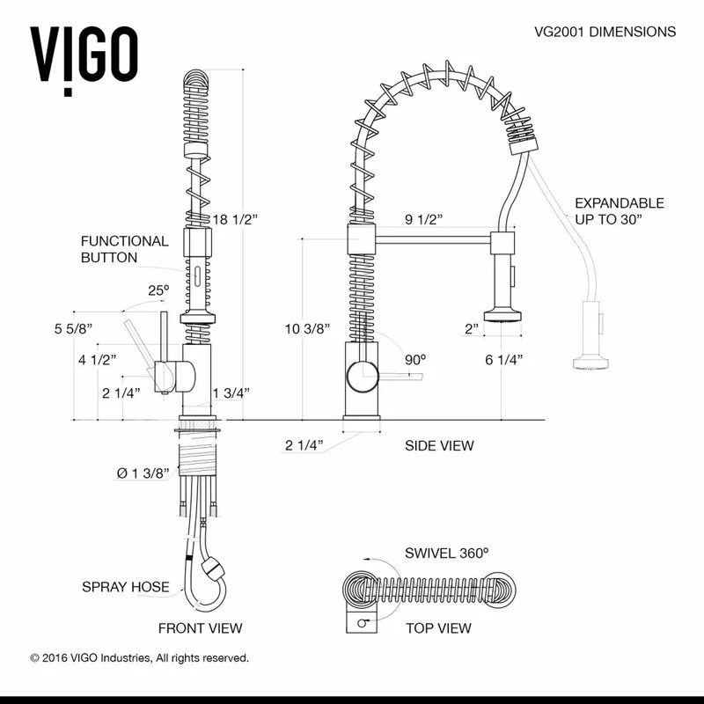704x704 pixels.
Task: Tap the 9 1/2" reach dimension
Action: coord(423,218)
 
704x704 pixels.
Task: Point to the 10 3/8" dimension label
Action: coord(307,329)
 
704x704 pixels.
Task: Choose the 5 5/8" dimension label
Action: coord(73,329)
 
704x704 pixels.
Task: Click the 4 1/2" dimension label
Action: coord(98,359)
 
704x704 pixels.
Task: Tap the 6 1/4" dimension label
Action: coord(504,359)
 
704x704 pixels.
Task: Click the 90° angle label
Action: coord(414,359)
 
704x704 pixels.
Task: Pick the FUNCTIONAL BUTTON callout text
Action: coord(124,249)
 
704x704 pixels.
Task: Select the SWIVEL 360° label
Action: coord(446,554)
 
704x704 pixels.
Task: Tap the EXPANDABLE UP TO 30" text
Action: coord(620,211)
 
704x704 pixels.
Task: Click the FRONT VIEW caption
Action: coord(200,628)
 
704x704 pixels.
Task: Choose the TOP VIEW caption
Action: coord(438,628)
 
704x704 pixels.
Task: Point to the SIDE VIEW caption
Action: coord(439,445)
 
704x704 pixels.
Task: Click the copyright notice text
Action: coord(139,657)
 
